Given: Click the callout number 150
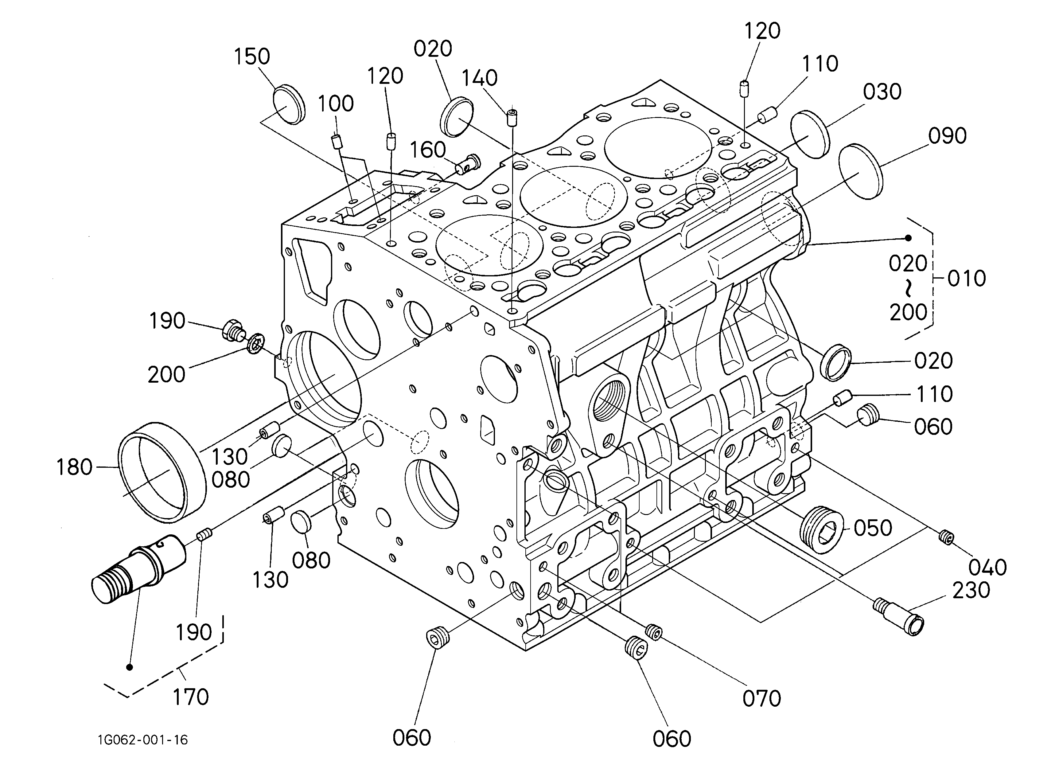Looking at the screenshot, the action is point(252,57).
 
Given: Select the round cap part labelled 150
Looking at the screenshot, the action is point(288,105).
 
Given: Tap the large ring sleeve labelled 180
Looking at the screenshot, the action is point(162,472).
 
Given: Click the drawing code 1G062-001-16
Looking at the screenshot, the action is point(143,740).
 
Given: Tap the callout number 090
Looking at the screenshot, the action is point(948,136).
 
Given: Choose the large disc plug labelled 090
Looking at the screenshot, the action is point(861,171).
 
